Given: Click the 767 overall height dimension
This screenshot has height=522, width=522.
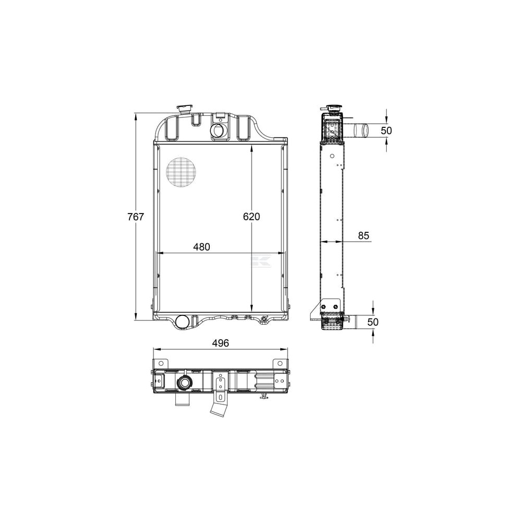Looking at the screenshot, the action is tap(136, 217).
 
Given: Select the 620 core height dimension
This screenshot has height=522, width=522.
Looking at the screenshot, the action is tap(252, 217).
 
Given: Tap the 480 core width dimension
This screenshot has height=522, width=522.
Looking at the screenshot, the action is tap(201, 247).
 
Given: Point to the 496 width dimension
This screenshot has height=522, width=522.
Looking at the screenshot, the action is tap(220, 343).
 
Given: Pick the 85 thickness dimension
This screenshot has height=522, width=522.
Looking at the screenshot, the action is tap(363, 236).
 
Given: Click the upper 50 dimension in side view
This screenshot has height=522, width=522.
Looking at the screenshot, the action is tap(386, 130).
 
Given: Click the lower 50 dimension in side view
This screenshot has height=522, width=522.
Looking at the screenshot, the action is tap(373, 322).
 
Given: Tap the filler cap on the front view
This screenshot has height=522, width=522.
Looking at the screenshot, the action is tap(185, 109).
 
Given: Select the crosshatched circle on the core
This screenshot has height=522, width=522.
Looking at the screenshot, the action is tap(181, 171).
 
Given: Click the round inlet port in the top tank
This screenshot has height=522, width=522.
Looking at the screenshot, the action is tap(219, 130).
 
